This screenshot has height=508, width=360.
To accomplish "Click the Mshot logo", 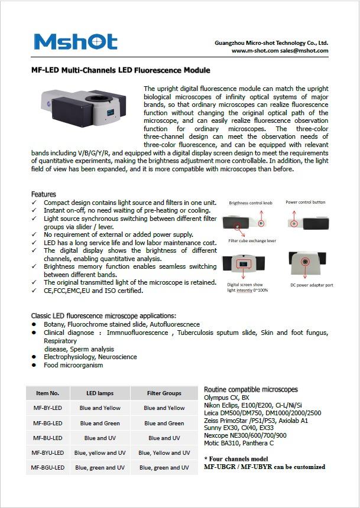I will pyautogui.click(x=76, y=42).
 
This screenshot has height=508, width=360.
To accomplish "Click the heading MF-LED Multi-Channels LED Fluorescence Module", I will pyautogui.click(x=121, y=70).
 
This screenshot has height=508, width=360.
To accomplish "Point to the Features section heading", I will pyautogui.click(x=44, y=194).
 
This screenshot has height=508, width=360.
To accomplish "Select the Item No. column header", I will pyautogui.click(x=48, y=393).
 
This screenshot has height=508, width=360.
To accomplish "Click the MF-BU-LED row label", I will pyautogui.click(x=48, y=438).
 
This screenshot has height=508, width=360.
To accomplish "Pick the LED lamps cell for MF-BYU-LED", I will pyautogui.click(x=100, y=453).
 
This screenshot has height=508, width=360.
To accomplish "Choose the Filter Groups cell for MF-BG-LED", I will pyautogui.click(x=164, y=423).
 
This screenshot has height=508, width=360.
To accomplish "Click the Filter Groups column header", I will pyautogui.click(x=164, y=393).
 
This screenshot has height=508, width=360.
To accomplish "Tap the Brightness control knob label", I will pyautogui.click(x=251, y=203).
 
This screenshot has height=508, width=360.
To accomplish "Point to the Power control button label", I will pyautogui.click(x=305, y=202).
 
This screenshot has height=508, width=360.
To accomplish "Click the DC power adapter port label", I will pyautogui.click(x=311, y=285).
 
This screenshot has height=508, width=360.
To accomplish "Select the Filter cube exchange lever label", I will pyautogui.click(x=252, y=241).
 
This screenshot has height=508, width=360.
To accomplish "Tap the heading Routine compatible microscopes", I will pyautogui.click(x=251, y=390).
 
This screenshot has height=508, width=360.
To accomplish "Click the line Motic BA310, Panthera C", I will pyautogui.click(x=239, y=443).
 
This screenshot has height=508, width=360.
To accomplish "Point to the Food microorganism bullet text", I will pyautogui.click(x=73, y=365).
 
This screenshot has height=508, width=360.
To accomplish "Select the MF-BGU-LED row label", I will pyautogui.click(x=48, y=468).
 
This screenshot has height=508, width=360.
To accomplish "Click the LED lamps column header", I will pyautogui.click(x=100, y=393).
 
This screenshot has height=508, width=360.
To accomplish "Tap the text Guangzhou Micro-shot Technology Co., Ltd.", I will pyautogui.click(x=271, y=43).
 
